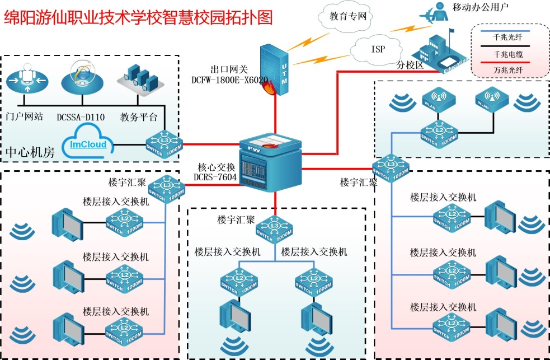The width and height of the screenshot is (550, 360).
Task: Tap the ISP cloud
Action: [378, 49]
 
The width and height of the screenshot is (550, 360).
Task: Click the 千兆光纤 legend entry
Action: [508, 37]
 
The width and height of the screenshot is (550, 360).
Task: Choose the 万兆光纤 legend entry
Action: [508, 69]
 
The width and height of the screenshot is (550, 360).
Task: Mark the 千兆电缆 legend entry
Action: [508, 54]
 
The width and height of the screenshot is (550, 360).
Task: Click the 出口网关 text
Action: [226, 69]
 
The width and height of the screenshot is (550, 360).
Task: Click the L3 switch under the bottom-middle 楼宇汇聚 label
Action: [274, 229]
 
